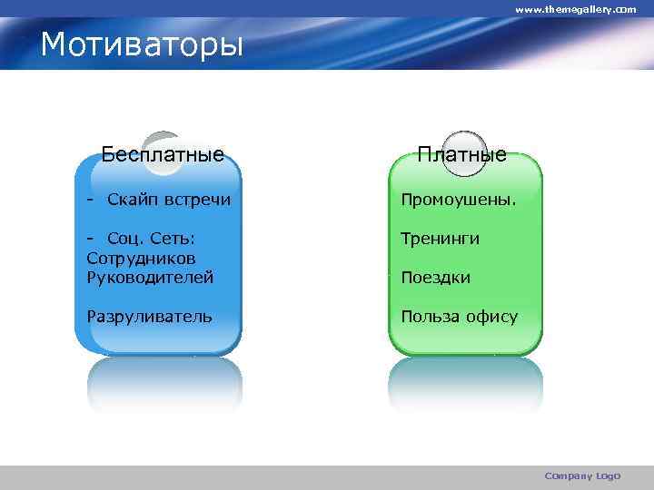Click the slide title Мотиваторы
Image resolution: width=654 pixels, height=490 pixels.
click(x=143, y=44)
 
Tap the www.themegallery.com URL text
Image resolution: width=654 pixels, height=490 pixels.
click(x=576, y=8)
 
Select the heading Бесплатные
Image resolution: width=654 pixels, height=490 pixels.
click(x=163, y=153)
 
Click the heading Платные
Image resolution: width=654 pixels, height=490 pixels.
click(x=462, y=154)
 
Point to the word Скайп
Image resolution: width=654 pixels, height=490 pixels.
click(x=132, y=199)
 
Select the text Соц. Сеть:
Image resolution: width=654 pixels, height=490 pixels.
click(x=152, y=239)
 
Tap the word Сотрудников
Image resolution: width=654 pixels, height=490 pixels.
click(x=142, y=258)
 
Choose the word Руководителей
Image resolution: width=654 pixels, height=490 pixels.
click(x=150, y=277)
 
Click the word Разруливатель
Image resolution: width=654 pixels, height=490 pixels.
click(x=150, y=316)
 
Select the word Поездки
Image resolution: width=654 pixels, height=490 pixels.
click(x=436, y=278)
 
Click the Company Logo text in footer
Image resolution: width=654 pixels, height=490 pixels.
click(x=581, y=475)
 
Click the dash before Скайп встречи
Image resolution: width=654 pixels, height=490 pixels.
click(x=91, y=199)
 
